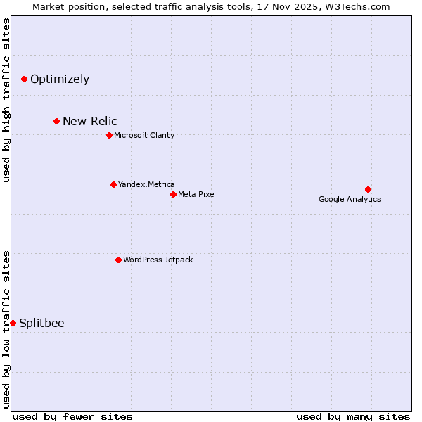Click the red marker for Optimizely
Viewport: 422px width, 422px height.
25,79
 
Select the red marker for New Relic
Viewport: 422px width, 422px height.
57,121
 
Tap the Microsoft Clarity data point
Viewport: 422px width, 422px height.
109,135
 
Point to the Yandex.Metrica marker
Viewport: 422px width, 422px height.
113,184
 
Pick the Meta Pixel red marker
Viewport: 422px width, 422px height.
173,194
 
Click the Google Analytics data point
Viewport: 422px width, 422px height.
368,189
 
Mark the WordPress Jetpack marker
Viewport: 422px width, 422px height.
118,260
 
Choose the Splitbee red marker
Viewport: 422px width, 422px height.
13,323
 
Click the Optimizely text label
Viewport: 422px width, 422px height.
60,79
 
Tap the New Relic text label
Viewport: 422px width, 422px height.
90,121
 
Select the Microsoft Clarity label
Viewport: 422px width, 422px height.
144,135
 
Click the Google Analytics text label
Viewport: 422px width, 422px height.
350,199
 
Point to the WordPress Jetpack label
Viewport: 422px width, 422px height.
158,260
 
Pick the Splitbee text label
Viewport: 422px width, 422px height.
41,323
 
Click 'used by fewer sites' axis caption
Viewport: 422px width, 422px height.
72,416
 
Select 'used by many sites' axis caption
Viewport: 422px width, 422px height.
353,416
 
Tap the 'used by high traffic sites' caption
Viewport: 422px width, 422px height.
6,100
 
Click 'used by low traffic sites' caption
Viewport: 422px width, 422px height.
6,328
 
